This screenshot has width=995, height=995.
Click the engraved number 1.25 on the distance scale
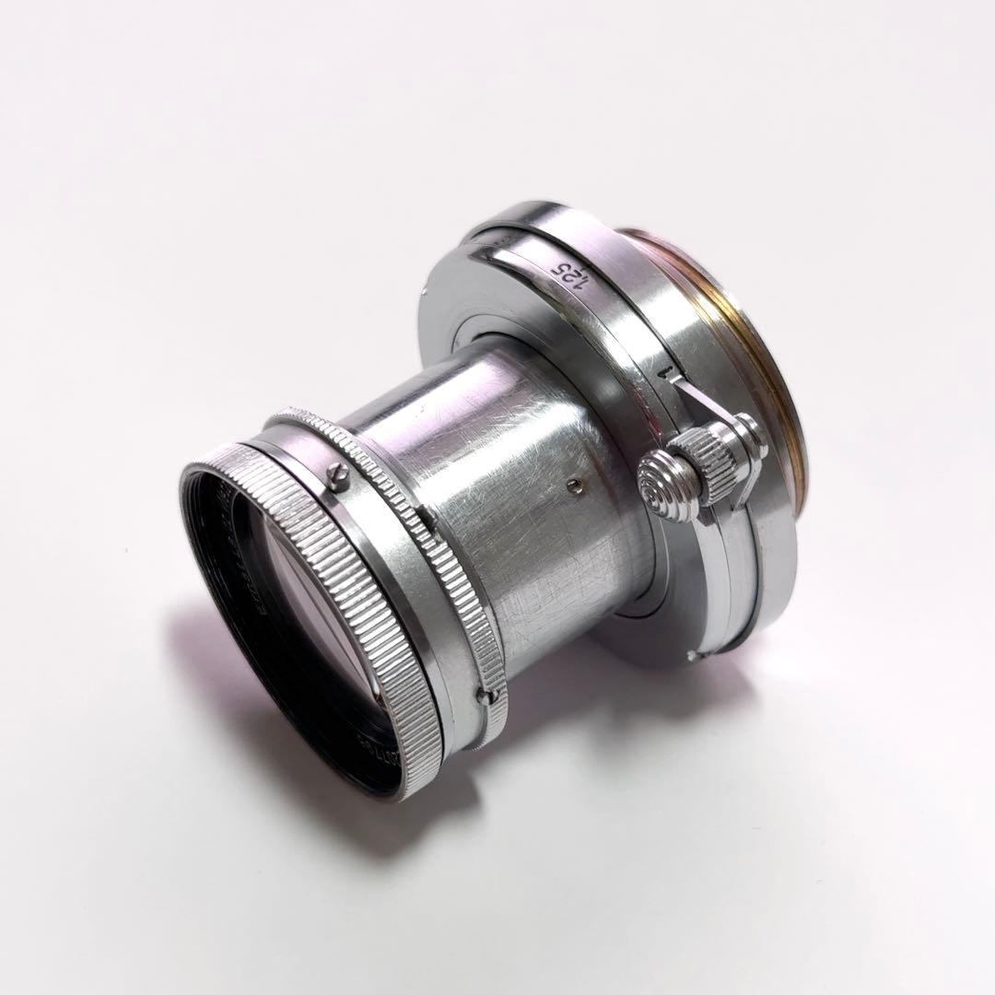click(x=563, y=274)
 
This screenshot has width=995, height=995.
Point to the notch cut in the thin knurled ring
click(x=429, y=519)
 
